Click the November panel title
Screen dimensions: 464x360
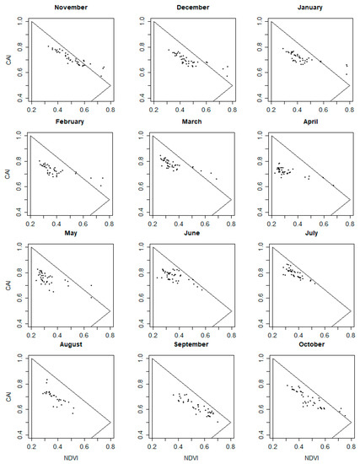pos(71,6)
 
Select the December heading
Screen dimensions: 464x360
pos(191,6)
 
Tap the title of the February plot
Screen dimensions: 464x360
pos(71,122)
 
